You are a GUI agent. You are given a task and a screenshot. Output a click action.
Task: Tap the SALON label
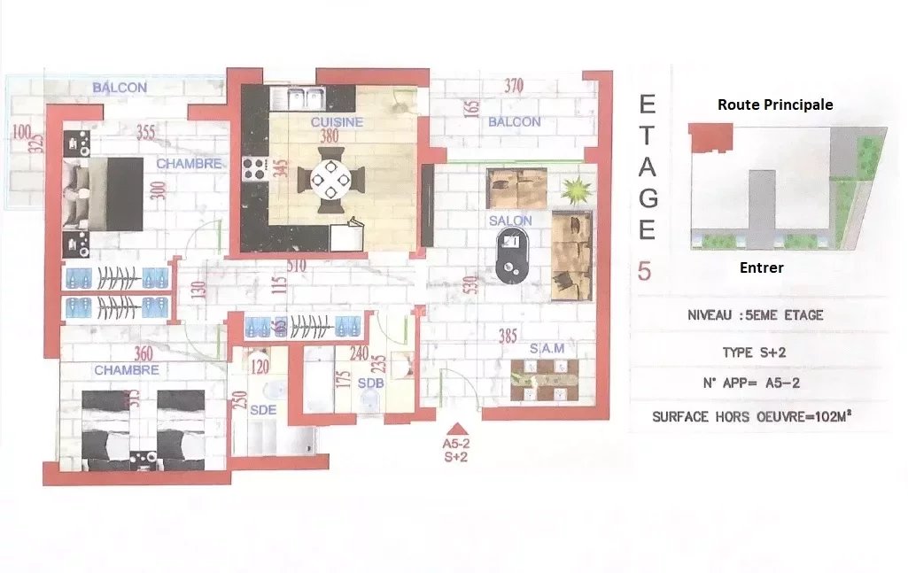tap(510, 221)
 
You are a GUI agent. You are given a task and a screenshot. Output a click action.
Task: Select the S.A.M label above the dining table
tap(547, 349)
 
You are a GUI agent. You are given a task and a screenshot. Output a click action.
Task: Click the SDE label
tap(263, 411)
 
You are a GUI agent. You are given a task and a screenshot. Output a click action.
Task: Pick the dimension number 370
tap(514, 86)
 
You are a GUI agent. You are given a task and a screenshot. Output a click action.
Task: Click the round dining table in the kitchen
tap(331, 180)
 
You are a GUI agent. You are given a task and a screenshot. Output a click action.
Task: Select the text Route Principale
tap(775, 105)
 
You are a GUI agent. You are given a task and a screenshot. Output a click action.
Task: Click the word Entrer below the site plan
tap(761, 267)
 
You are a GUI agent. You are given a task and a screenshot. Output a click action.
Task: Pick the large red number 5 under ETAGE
tap(644, 271)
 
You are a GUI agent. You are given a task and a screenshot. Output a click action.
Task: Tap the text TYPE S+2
tap(754, 352)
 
